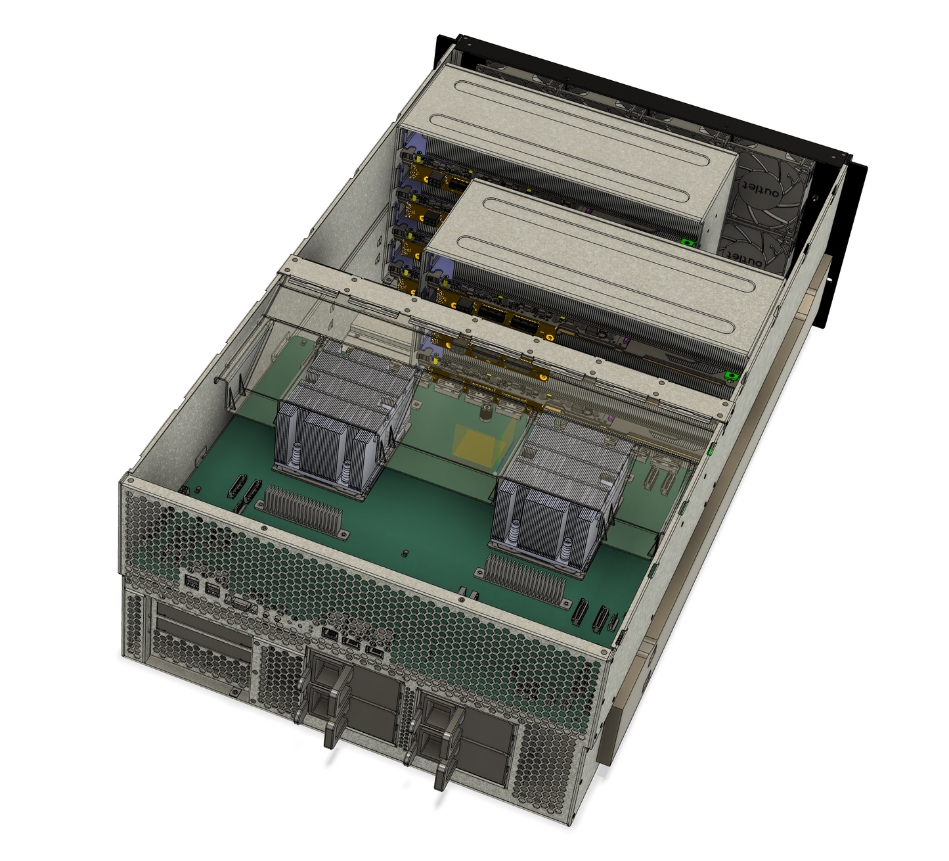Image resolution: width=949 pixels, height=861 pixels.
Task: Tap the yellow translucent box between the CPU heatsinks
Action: click(479, 444)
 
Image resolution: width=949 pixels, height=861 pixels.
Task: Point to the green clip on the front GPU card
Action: click(731, 376)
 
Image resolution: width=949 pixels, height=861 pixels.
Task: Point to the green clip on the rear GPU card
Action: click(687, 242)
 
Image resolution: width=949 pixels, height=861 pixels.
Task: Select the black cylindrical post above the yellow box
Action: click(486, 414)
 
